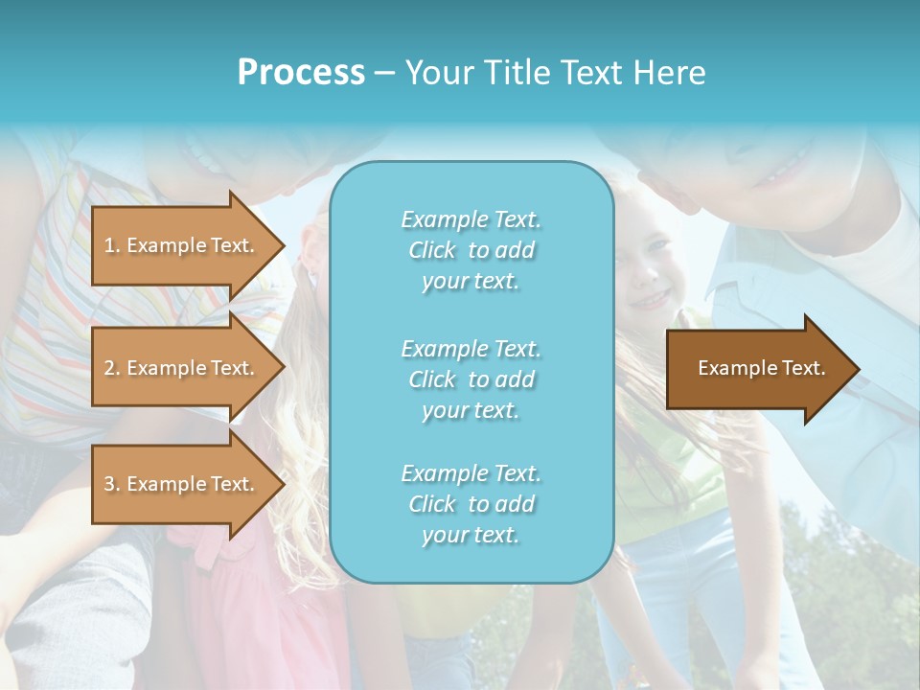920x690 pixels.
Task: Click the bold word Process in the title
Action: [x=301, y=73]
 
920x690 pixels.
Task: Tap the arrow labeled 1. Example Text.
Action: [x=182, y=245]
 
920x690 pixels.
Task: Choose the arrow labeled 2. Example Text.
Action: [x=182, y=368]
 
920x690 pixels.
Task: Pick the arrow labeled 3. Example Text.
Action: [x=182, y=484]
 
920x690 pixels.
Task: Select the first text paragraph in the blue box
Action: [x=471, y=250]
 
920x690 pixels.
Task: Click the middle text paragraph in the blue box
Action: [x=471, y=379]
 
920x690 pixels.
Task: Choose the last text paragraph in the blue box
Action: [x=471, y=504]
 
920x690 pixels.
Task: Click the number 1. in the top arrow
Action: [x=112, y=245]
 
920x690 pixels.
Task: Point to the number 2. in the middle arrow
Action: [x=112, y=368]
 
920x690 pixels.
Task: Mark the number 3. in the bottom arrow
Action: [x=112, y=484]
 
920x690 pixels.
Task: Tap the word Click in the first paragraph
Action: [x=432, y=251]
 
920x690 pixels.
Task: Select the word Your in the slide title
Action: [x=436, y=73]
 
